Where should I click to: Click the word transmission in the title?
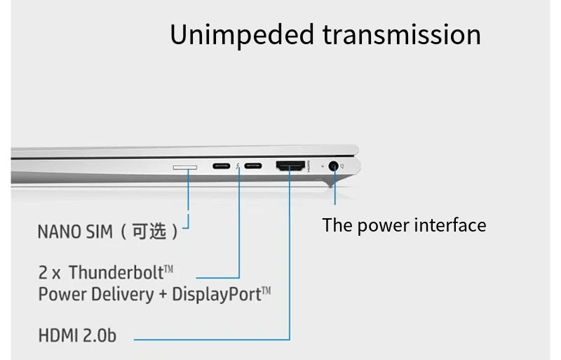(402, 34)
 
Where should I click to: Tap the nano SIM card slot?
(185, 167)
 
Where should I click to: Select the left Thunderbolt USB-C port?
(222, 167)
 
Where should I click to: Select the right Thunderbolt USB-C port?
(254, 167)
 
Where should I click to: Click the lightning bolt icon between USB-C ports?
(238, 167)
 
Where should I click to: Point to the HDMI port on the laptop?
(290, 167)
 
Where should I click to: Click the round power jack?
(334, 167)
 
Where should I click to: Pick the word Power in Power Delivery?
(59, 293)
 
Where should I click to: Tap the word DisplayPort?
(217, 293)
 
